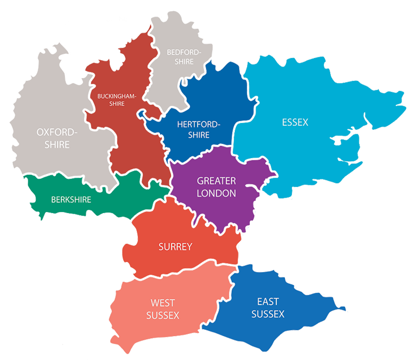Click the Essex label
point(295,122)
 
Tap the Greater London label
point(216,187)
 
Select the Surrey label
point(175,247)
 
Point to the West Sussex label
point(162,308)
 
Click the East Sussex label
point(267,308)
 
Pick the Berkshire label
point(71,200)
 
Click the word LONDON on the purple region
point(216,193)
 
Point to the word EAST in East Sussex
point(267,302)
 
